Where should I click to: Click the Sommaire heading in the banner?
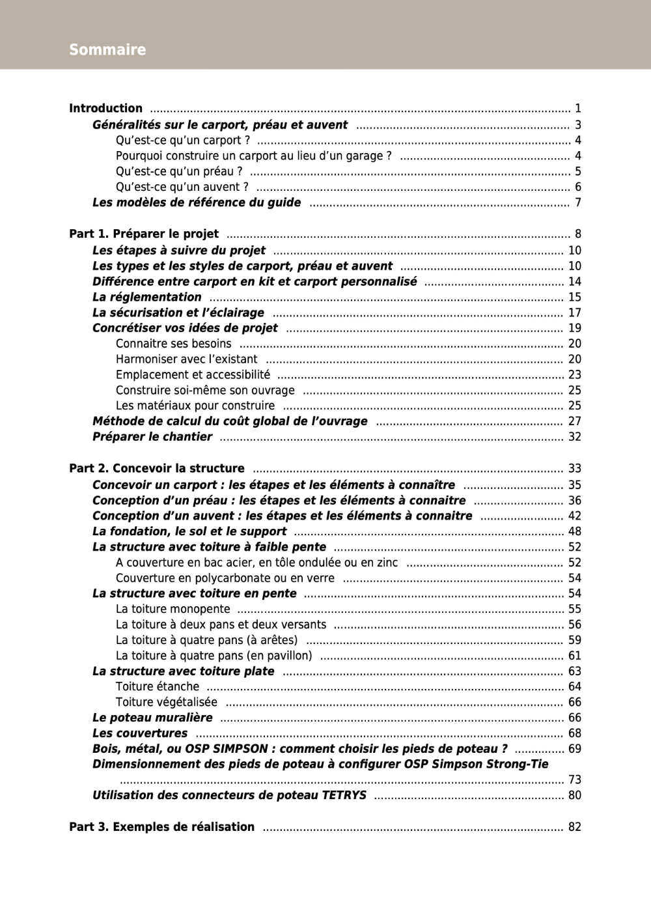(107, 49)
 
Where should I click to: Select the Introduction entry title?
(105, 108)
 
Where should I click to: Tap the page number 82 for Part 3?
(574, 826)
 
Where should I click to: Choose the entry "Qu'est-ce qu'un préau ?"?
(179, 171)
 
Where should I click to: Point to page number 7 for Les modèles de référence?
(577, 203)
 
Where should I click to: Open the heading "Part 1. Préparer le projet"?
(144, 234)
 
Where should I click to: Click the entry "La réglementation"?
(146, 297)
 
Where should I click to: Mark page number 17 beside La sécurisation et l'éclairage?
(574, 313)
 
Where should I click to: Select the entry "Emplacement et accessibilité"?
(193, 374)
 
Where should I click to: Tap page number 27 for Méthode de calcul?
(574, 421)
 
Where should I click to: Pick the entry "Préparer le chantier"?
(152, 437)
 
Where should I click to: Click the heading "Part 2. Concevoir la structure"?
(157, 468)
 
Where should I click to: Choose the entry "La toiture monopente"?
(173, 609)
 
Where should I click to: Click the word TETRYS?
(344, 795)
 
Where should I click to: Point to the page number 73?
(574, 780)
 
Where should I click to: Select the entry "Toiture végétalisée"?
(166, 702)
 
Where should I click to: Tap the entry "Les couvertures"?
(139, 733)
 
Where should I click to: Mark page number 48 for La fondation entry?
(574, 531)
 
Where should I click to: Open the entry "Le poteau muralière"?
(152, 718)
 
